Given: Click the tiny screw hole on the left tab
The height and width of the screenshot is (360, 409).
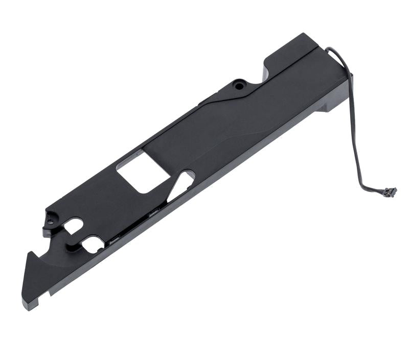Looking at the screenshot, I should point(50,222).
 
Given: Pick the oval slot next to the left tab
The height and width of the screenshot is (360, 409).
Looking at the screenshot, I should point(74,225).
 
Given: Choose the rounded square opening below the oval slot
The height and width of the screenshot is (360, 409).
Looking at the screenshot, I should point(93,244).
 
